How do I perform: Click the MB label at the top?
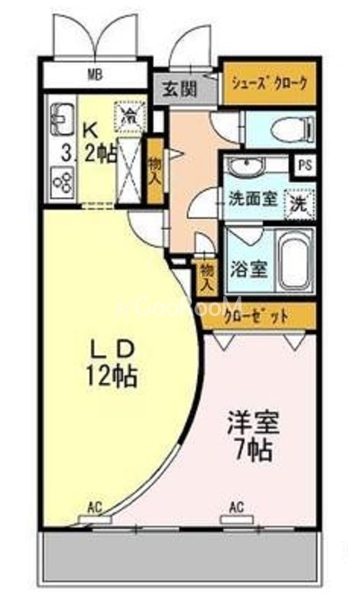point(95,74)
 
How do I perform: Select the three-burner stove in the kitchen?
point(62,182)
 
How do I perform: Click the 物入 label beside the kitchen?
point(155,169)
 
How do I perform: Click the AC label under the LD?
point(95,507)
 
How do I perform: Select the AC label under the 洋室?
point(236,507)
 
